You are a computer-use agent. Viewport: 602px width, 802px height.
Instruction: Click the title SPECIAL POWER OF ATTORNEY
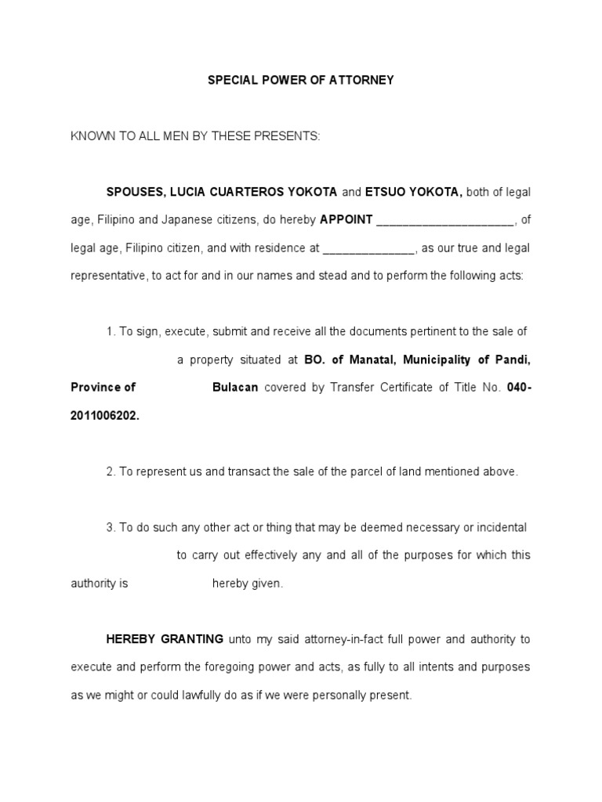point(300,80)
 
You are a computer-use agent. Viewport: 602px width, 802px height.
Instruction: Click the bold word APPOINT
point(346,220)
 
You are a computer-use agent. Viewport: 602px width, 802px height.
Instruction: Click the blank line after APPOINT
point(445,222)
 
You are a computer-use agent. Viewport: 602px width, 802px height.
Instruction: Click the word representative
point(107,276)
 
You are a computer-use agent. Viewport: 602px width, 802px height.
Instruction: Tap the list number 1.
point(111,331)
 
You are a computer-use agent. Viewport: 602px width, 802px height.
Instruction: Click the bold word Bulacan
point(235,387)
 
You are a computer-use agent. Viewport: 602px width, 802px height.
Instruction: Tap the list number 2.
point(111,471)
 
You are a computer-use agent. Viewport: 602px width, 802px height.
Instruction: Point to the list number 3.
point(111,527)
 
